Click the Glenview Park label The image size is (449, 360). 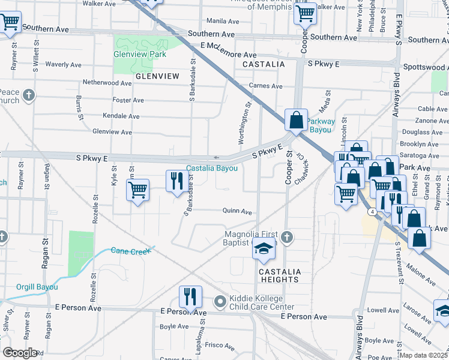(x=139, y=53)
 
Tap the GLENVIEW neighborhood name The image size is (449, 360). (x=157, y=76)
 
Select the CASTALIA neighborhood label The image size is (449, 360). (x=262, y=64)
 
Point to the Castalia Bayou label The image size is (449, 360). (x=212, y=169)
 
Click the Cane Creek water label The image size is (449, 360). (x=130, y=251)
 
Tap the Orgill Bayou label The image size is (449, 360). (x=37, y=287)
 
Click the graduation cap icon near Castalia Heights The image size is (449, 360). (x=263, y=248)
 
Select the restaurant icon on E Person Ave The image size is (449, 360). (x=190, y=296)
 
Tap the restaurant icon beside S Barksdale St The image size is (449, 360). (x=176, y=181)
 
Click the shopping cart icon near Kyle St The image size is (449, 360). (x=138, y=190)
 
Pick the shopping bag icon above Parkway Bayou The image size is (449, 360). (x=297, y=119)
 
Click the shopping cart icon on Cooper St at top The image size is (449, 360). (x=306, y=12)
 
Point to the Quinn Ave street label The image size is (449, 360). (x=237, y=211)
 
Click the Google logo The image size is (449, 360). (x=19, y=353)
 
